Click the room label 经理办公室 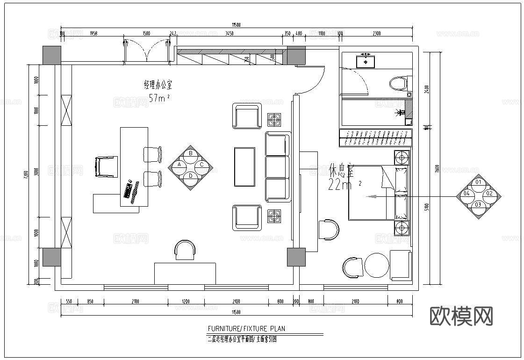158,85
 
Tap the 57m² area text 158,98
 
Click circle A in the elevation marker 179,165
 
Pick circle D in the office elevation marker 190,176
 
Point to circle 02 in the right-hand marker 489,193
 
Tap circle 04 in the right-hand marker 466,193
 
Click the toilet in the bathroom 398,84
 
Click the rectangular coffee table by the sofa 244,166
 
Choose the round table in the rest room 377,266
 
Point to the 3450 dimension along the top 229,33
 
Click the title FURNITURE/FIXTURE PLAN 246,329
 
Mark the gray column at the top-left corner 52,55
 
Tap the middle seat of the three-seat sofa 277,167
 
